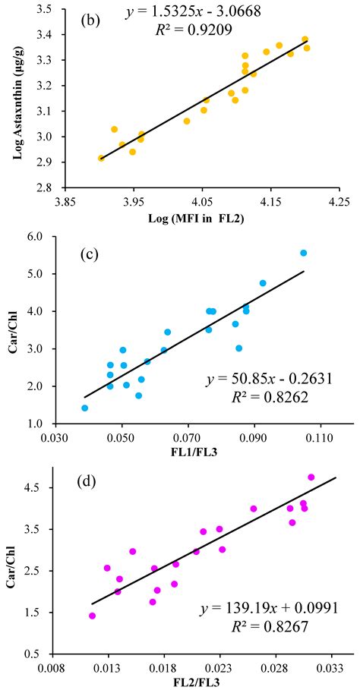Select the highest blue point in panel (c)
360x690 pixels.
[303, 253]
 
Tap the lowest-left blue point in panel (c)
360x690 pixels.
[84, 408]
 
